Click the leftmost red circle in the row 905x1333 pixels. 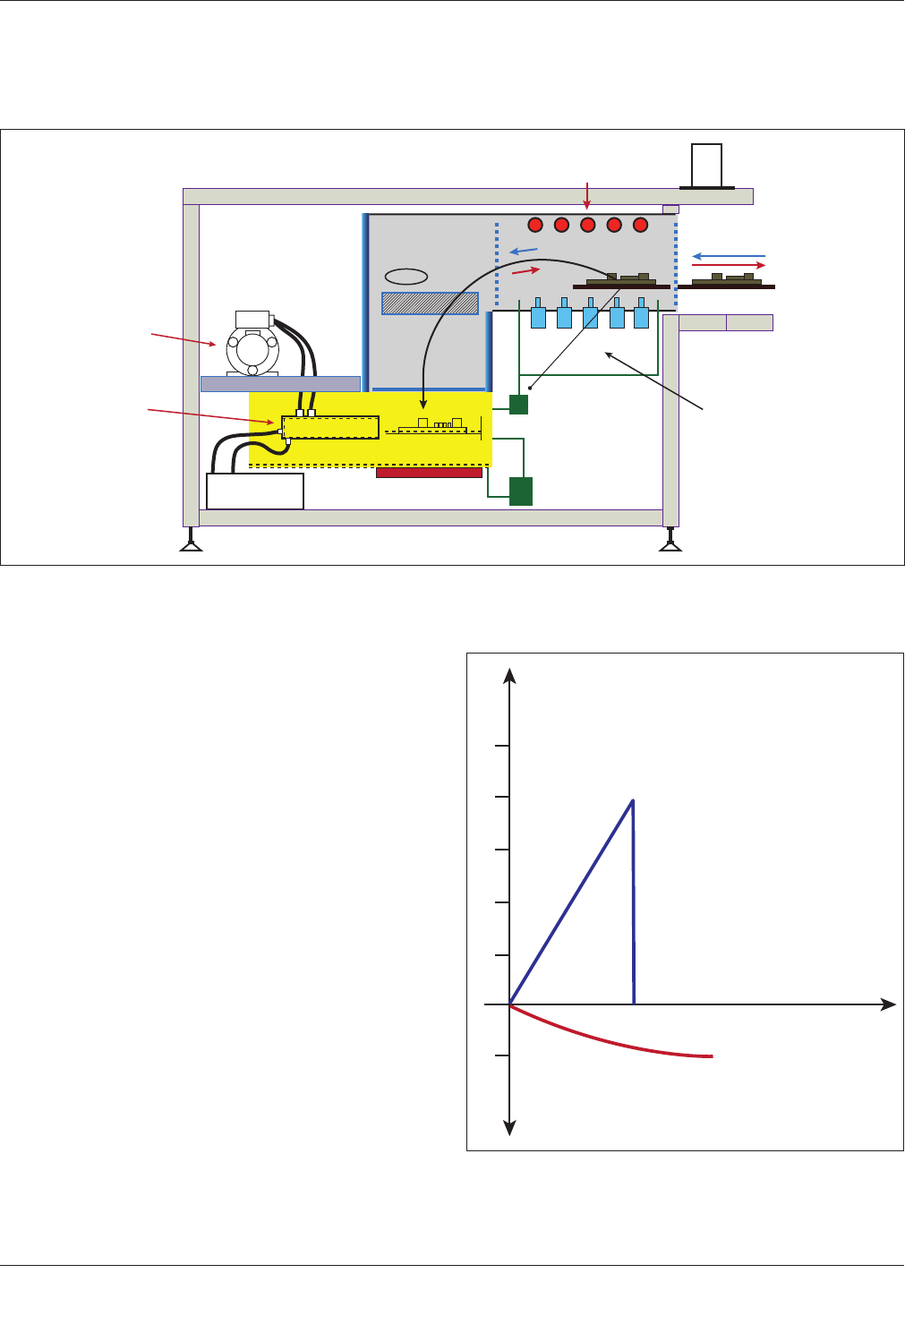[x=535, y=225]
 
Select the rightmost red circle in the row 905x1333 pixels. [x=640, y=225]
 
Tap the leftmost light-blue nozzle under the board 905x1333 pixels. [x=538, y=316]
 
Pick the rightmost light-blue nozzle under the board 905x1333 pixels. [x=641, y=316]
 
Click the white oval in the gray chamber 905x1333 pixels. [x=406, y=276]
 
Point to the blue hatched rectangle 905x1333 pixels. [x=430, y=303]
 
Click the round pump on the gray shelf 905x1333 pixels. [x=252, y=349]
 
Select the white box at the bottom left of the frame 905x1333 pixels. [x=255, y=491]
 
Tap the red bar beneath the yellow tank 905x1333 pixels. [x=429, y=473]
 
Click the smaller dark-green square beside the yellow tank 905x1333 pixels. [x=518, y=404]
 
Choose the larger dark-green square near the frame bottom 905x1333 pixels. [x=520, y=491]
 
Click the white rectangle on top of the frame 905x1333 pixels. [x=707, y=165]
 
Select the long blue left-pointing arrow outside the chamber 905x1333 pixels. [x=729, y=256]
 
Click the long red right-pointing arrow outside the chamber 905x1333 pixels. [x=729, y=266]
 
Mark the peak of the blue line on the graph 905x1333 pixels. [x=633, y=800]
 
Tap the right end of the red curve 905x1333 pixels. [x=712, y=1056]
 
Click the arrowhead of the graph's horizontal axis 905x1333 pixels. [x=890, y=1004]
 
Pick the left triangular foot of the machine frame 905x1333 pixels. [x=190, y=543]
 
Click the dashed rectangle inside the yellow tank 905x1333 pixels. [x=330, y=427]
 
